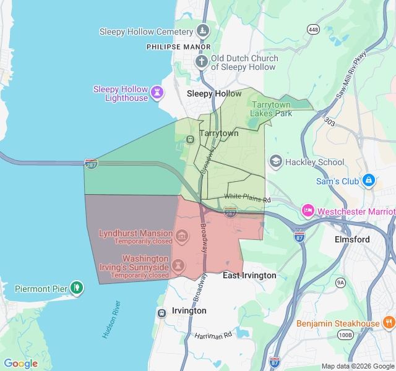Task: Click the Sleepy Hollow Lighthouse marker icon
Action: pos(158,93)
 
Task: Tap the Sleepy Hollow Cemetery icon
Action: pos(202,31)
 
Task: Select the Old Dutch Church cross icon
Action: pos(201,61)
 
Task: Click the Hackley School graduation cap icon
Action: pos(275,162)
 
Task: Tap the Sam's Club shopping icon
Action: pos(368,181)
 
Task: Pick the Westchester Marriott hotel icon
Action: pos(308,211)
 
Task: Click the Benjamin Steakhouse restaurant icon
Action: pos(389,323)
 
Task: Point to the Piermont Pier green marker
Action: pos(77,288)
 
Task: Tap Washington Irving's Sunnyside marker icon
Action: pos(178,265)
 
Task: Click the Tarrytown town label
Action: pos(218,133)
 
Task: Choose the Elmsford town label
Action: pos(352,239)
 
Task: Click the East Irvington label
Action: pos(249,275)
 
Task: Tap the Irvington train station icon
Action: pos(161,313)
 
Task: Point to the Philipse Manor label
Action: pos(179,46)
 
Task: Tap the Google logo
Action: pos(20,364)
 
